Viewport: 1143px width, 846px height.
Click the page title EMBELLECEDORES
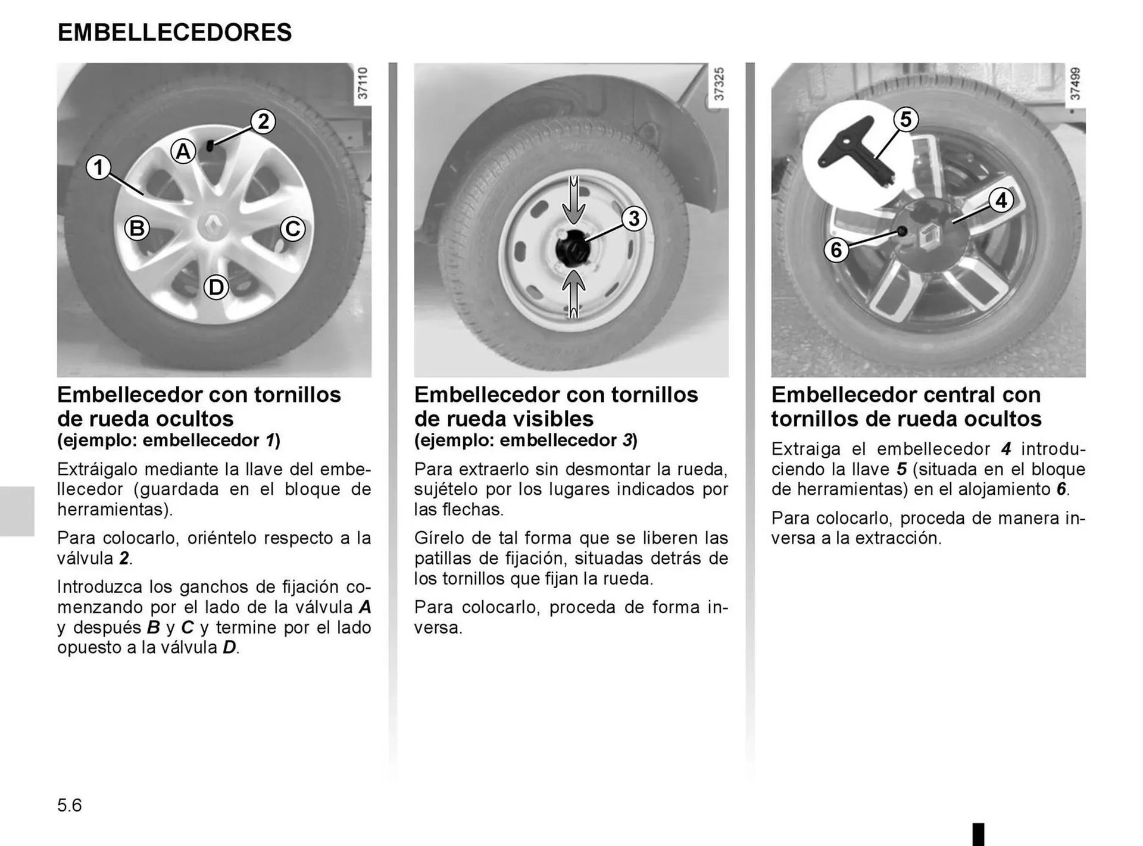[174, 32]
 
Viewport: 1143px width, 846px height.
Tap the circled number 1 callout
[99, 167]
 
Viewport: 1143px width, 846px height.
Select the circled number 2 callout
[263, 121]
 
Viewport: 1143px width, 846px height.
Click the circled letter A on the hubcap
[183, 151]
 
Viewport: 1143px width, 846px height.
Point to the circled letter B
[137, 228]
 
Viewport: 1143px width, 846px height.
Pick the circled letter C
[292, 229]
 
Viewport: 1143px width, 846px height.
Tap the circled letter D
[216, 288]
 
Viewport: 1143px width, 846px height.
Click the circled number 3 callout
[634, 218]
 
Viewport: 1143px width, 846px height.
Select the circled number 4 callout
[1001, 200]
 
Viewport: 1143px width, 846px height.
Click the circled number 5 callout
[905, 119]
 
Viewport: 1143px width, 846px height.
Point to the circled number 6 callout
[836, 249]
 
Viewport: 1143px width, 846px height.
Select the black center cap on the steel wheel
[572, 249]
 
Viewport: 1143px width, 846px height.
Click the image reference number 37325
[719, 84]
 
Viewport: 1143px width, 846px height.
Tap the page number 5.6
[70, 806]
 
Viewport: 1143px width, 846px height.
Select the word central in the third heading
[947, 395]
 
